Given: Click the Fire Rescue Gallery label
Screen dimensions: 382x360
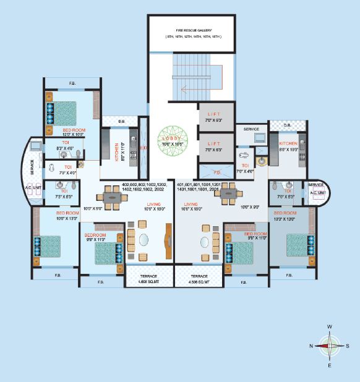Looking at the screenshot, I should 192,33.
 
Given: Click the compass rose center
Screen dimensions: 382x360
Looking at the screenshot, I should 330,346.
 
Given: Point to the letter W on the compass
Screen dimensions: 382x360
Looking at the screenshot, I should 330,326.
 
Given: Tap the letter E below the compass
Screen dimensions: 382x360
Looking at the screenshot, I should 330,366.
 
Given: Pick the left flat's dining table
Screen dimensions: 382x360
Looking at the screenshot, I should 112,198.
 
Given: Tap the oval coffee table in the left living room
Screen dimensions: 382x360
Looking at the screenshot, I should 144,240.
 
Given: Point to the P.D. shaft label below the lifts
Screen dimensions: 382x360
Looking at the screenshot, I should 217,172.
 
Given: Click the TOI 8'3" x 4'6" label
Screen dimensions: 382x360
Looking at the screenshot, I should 65,145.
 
